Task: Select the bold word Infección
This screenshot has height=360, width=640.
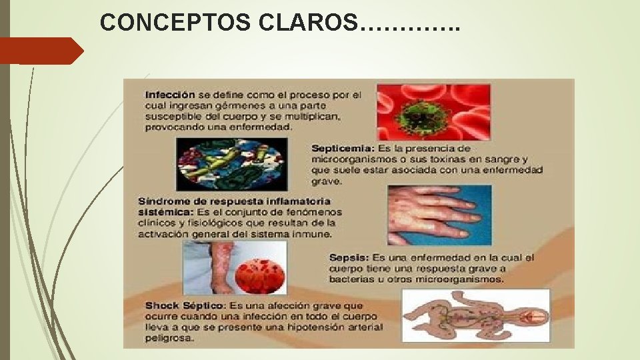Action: point(170,95)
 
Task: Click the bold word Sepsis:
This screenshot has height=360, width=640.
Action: point(349,258)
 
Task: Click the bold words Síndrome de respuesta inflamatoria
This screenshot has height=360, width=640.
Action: point(234,201)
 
